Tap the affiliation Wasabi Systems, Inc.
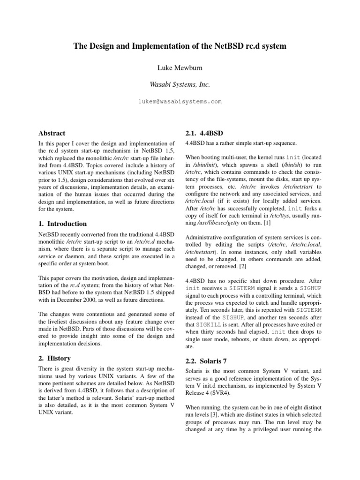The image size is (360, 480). (x=180, y=85)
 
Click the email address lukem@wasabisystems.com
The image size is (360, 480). (x=180, y=101)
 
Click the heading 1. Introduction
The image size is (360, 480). (x=62, y=224)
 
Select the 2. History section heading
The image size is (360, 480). (x=54, y=358)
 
